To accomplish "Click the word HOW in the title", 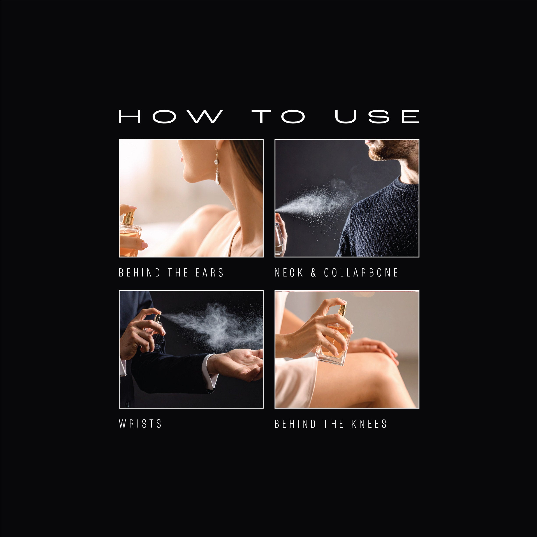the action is (171, 116).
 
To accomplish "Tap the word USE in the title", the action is (377, 116).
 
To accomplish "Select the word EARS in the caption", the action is (209, 273).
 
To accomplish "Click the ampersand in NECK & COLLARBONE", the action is (313, 273).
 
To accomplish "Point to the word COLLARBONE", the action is (361, 273).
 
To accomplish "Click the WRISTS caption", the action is (140, 424).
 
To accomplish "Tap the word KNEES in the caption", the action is (369, 424).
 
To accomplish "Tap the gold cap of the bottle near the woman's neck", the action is (129, 218).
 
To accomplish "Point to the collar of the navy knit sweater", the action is (406, 183).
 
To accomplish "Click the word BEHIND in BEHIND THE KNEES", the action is (295, 424).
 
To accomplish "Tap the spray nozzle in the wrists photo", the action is (158, 317).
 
